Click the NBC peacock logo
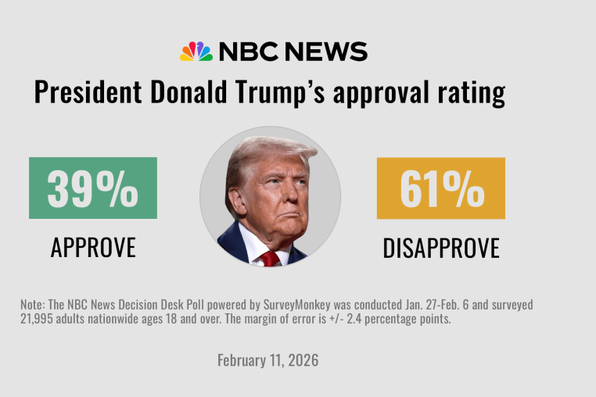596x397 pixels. (196, 52)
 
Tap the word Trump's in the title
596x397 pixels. (282, 92)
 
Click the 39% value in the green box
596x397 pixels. (92, 188)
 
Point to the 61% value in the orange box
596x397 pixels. (440, 188)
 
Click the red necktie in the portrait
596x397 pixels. (271, 257)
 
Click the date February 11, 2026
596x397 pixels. (268, 361)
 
